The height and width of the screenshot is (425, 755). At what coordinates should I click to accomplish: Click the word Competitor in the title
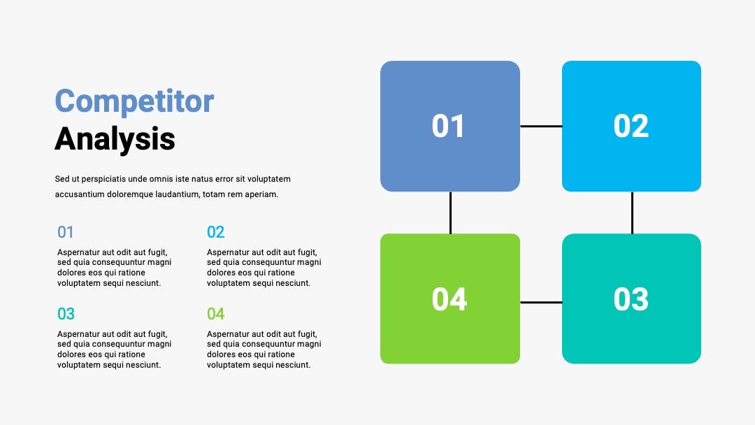[134, 101]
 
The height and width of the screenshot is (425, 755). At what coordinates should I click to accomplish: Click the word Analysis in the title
[115, 139]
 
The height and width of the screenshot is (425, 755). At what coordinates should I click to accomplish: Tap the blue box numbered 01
[450, 126]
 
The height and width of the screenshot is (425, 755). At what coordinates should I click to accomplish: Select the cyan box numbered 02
[631, 126]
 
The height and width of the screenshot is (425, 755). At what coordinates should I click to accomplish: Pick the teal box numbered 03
[631, 298]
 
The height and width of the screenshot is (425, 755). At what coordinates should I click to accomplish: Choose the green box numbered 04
[450, 298]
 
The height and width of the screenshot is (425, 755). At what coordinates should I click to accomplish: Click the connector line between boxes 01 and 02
[541, 126]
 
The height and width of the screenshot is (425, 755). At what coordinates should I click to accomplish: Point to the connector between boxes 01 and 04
[450, 212]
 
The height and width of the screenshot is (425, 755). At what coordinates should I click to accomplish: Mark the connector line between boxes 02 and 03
[632, 212]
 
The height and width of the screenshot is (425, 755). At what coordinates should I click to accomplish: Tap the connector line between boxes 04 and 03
[541, 302]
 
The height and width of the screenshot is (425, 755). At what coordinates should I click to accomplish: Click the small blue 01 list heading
[66, 232]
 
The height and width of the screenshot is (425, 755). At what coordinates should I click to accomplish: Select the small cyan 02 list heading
[216, 232]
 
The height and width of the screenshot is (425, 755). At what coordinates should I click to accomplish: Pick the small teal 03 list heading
[66, 314]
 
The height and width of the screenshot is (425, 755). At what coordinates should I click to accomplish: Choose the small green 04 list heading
[216, 314]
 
